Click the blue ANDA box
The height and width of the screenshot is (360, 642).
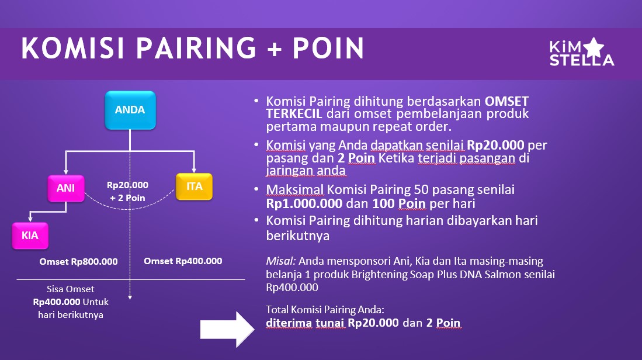(x=130, y=110)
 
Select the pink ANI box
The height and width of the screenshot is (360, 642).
(x=66, y=188)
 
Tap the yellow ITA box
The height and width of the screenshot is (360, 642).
(x=194, y=186)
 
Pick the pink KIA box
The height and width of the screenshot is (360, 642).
(x=30, y=236)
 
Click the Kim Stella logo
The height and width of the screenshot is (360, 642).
(x=581, y=53)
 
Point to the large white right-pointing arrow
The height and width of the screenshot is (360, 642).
(x=227, y=329)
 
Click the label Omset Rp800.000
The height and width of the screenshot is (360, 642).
(x=78, y=262)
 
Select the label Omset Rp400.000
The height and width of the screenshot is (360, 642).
(x=183, y=261)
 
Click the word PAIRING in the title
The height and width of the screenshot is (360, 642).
(x=196, y=48)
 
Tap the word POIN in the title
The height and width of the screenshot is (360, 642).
(x=328, y=48)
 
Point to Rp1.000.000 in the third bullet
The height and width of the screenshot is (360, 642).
(x=304, y=203)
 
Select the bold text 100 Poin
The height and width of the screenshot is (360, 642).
(x=399, y=203)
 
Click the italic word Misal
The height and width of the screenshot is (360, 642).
(x=280, y=261)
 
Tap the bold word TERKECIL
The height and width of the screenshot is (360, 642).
(x=294, y=114)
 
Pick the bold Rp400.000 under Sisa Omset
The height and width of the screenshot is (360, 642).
(x=57, y=302)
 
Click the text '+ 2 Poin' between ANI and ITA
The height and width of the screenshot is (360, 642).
(x=127, y=198)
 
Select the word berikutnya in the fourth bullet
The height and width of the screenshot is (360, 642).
(x=298, y=236)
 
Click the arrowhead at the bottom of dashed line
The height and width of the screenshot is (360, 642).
(x=130, y=297)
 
